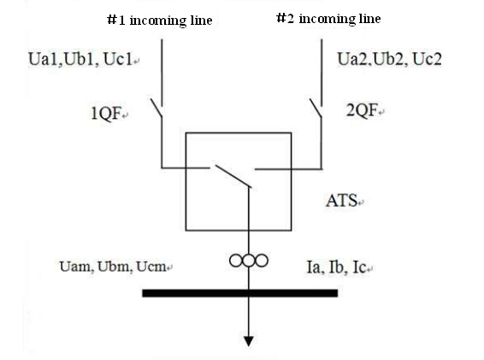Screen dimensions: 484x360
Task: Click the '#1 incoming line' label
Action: point(160,21)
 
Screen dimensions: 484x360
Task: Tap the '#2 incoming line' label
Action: point(328,19)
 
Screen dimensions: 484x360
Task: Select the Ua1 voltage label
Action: point(44,59)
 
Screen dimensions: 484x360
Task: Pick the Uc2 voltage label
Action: point(427,59)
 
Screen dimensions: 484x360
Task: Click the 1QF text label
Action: point(106,113)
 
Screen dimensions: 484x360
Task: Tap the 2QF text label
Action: point(362,110)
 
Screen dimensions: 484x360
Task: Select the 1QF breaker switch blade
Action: point(156,108)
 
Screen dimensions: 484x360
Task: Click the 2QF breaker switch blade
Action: point(316,108)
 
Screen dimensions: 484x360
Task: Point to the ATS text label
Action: point(342,201)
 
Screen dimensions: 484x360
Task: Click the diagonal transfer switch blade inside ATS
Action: point(233,176)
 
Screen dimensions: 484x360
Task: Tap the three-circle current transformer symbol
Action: point(249,261)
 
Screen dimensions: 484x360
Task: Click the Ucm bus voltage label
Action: point(151,267)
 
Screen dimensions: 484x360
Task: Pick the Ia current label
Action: point(315,268)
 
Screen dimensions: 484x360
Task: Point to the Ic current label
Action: point(359,268)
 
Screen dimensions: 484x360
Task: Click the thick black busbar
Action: point(239,293)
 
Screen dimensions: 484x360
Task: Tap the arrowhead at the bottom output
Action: point(249,341)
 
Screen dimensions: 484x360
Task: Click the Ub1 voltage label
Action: point(80,59)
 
